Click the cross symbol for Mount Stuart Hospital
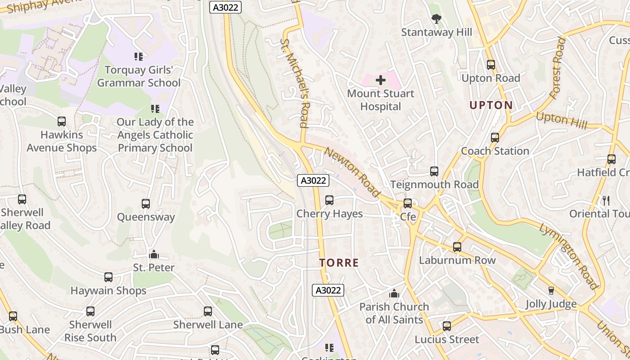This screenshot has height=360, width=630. [381, 81]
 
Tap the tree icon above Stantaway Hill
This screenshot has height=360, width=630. [436, 19]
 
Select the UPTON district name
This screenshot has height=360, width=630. [491, 105]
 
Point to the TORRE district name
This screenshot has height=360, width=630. [339, 263]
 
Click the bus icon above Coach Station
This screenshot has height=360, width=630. [495, 138]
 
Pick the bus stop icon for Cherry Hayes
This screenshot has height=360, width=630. [329, 200]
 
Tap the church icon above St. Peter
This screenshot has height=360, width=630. [154, 255]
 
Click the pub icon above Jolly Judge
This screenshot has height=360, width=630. [551, 291]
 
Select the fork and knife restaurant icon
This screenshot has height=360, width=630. [606, 201]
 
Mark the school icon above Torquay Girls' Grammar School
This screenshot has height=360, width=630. [139, 57]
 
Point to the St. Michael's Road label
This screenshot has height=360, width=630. [294, 83]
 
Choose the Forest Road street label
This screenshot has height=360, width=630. [557, 67]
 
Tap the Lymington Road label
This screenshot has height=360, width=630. [569, 256]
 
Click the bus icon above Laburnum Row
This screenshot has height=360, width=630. [457, 247]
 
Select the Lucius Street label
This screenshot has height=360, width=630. [447, 339]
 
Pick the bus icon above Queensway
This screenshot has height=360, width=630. [146, 204]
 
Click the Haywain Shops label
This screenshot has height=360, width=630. [108, 291]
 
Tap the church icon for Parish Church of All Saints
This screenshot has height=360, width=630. [394, 294]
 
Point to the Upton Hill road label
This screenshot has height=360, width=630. [562, 120]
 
